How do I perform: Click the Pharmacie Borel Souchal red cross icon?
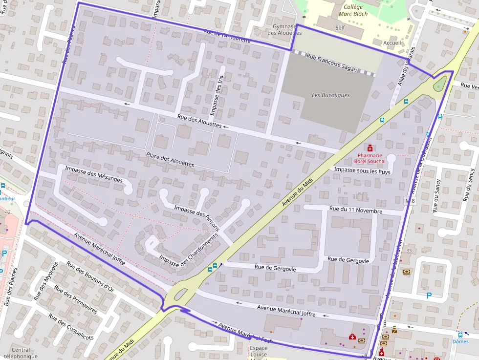pyautogui.click(x=370, y=148)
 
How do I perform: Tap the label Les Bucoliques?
pyautogui.click(x=331, y=95)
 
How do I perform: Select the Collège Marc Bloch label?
pyautogui.click(x=353, y=10)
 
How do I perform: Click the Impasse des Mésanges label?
pyautogui.click(x=94, y=175)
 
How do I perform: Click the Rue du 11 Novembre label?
pyautogui.click(x=356, y=210)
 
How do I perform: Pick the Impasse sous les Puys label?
pyautogui.click(x=362, y=171)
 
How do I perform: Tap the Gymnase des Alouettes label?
pyautogui.click(x=285, y=29)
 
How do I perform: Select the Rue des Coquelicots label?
pyautogui.click(x=71, y=327)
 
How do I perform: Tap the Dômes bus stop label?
pyautogui.click(x=460, y=342)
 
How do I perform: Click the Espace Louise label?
pyautogui.click(x=259, y=352)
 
